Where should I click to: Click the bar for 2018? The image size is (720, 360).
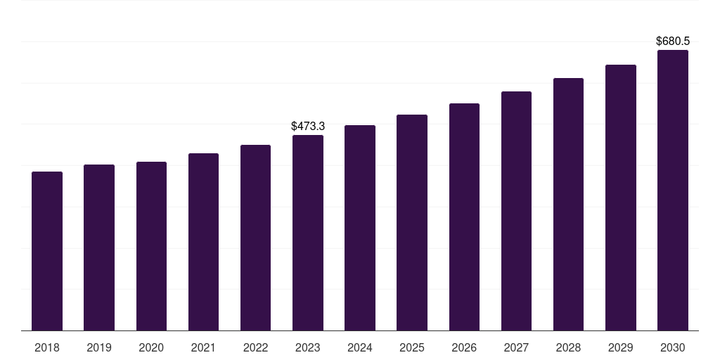point(47,251)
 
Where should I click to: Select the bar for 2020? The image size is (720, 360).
point(151,246)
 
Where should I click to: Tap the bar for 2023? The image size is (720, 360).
point(308,233)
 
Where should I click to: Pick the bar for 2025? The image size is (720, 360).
point(412,223)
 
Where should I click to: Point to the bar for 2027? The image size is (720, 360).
point(516,211)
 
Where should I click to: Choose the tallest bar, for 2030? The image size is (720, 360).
point(673,190)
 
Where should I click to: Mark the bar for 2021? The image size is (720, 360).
point(203,242)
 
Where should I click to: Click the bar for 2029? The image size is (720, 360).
point(621,198)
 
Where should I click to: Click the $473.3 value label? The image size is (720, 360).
point(308,127)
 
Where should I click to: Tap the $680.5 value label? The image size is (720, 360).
point(673,41)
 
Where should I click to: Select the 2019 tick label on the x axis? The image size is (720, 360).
point(99,348)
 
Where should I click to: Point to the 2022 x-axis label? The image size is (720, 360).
point(255,348)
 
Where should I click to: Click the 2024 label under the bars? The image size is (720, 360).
point(359,348)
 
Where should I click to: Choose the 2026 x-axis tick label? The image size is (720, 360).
point(464,348)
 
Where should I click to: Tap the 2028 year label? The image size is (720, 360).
point(568,348)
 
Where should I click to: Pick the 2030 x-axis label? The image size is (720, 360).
point(673,348)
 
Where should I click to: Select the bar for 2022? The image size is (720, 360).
point(255,238)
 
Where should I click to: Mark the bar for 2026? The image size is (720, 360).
point(464,217)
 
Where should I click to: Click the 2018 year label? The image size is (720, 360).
point(47,348)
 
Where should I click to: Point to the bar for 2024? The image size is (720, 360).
point(360,228)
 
